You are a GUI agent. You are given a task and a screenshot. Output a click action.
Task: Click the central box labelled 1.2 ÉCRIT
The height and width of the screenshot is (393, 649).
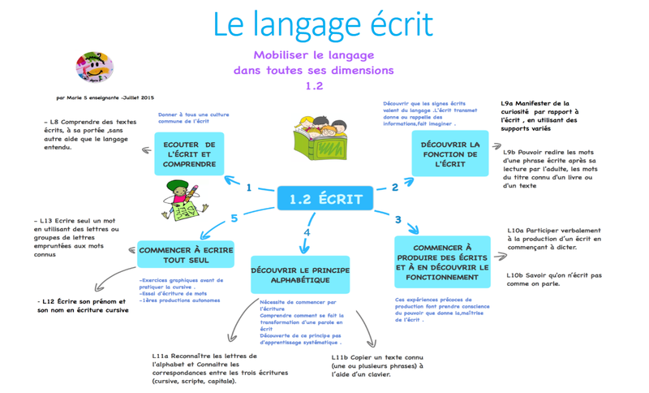[x=325, y=199]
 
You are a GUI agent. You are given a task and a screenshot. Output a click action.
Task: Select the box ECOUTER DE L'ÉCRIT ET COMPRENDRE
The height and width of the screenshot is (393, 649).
[x=189, y=154]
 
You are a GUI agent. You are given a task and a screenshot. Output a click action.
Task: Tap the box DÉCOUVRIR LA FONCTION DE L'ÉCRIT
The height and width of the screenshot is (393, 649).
[x=450, y=154]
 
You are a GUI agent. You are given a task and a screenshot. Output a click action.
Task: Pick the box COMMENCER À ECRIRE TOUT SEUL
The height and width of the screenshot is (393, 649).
[x=186, y=255]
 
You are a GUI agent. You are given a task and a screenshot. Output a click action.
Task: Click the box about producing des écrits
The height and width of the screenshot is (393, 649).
[x=443, y=261]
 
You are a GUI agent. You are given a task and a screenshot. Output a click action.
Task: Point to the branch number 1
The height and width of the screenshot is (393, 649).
[x=249, y=188]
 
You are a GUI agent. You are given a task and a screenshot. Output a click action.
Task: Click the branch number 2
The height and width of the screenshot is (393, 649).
[x=395, y=188]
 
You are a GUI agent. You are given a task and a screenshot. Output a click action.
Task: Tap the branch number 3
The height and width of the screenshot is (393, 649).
[x=398, y=219]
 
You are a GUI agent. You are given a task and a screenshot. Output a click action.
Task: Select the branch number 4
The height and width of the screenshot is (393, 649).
[x=307, y=233]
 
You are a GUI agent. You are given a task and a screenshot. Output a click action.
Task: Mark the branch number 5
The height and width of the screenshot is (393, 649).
[x=234, y=218]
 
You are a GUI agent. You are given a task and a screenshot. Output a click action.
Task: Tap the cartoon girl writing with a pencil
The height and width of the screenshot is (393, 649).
[x=186, y=200]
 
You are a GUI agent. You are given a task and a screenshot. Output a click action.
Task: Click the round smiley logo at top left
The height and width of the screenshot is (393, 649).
[x=94, y=68]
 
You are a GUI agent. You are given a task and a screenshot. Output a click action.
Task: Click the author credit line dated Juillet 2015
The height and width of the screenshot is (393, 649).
[x=105, y=97]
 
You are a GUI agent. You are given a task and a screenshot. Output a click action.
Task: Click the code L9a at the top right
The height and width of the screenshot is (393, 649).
[x=509, y=104]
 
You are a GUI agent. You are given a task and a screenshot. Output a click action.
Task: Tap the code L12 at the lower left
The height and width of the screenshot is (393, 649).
[x=48, y=301]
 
